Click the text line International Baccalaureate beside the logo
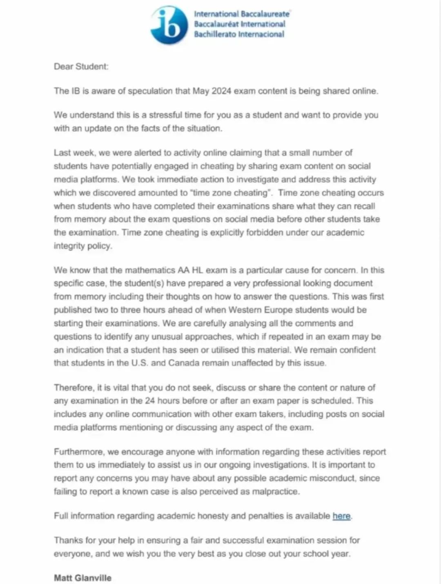click(x=242, y=14)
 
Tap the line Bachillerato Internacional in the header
click(x=239, y=34)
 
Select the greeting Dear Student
click(x=81, y=66)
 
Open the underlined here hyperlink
click(x=341, y=516)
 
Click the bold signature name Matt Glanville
click(x=82, y=578)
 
